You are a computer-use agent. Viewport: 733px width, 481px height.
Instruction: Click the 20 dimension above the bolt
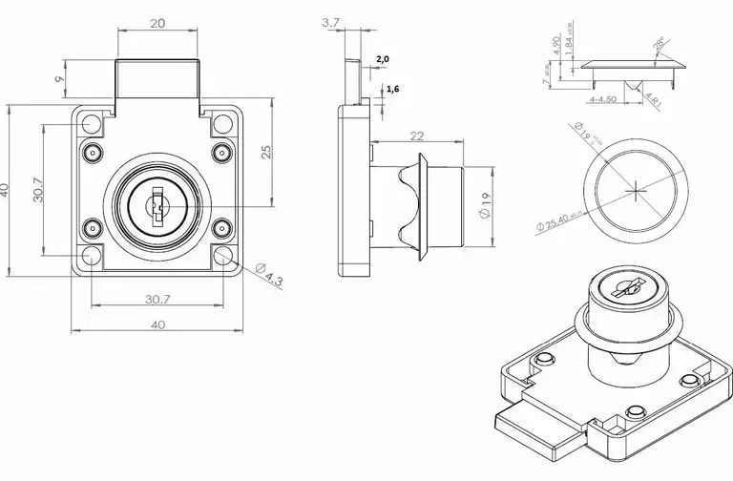coord(158,21)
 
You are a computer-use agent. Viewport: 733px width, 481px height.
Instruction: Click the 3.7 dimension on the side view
coord(331,21)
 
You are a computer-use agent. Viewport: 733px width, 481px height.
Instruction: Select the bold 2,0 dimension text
coord(383,59)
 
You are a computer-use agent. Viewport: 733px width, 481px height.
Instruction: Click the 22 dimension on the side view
coord(416,136)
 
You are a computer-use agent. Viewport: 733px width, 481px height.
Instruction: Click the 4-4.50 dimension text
coord(604,96)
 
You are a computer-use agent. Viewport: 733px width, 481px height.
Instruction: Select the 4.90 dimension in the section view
coord(556,45)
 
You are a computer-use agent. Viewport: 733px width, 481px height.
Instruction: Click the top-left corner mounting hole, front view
coord(92,123)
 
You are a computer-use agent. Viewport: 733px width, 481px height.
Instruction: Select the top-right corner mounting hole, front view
coord(223,123)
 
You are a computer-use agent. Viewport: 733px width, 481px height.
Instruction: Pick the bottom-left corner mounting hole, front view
coord(92,257)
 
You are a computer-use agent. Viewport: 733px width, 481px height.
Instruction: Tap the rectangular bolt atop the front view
coord(158,80)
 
